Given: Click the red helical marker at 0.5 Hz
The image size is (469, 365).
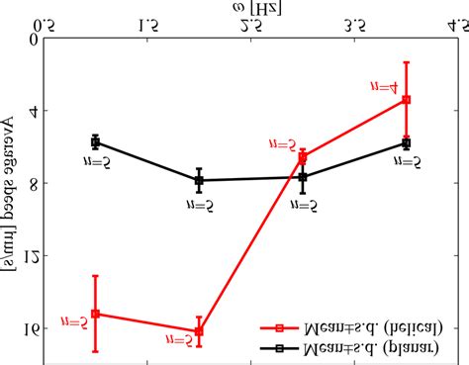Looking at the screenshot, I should coord(95,314).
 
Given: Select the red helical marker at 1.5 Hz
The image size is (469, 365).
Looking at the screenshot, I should coord(199,330).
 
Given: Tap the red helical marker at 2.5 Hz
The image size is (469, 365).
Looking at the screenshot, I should coord(303,157).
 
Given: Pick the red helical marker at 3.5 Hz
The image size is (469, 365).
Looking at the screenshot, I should coord(407,100).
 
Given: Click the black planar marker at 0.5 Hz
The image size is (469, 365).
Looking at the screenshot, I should coord(95,142).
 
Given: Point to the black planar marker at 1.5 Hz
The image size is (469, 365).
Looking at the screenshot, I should coord(199,180).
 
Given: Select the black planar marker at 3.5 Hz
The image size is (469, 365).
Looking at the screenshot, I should coord(407,142).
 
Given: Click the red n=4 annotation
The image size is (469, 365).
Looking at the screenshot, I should coord(387,87).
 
